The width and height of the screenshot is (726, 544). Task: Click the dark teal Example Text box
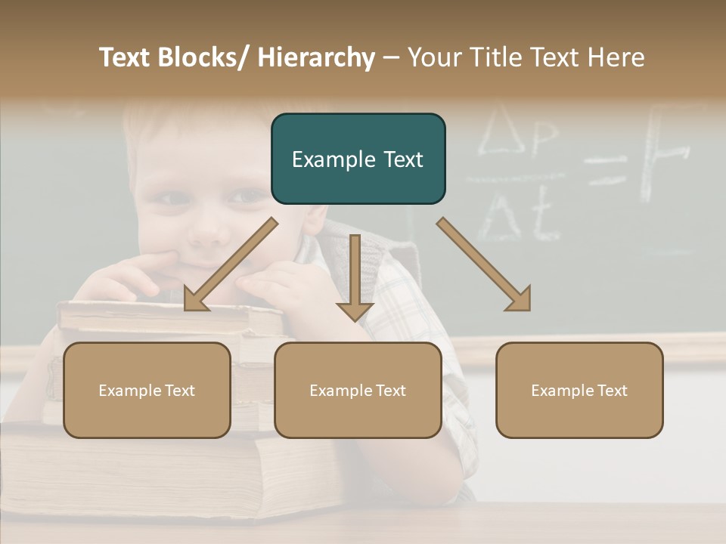click(358, 159)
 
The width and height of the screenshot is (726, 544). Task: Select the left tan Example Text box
click(147, 390)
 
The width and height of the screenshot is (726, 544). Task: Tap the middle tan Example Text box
click(358, 390)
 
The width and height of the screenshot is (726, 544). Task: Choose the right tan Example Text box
click(579, 390)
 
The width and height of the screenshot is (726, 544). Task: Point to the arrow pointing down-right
click(484, 264)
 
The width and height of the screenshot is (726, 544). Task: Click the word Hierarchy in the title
click(316, 57)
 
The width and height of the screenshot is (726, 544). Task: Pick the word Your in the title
click(433, 57)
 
